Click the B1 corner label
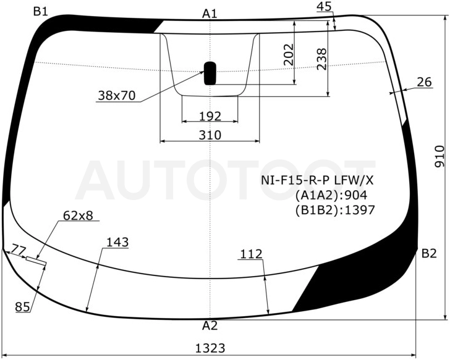40,12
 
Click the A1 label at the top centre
210,14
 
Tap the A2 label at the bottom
210,325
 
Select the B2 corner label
429,253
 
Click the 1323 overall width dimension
210,348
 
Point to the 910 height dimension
439,156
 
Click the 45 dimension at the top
325,7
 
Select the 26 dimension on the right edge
424,82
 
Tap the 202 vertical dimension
289,54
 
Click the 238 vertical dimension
321,59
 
